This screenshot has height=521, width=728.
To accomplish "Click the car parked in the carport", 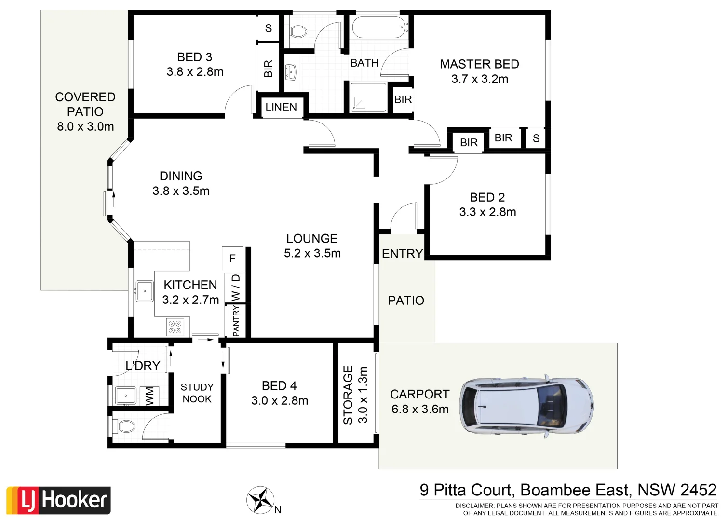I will pyautogui.click(x=526, y=405).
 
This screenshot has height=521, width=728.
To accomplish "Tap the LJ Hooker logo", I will pyautogui.click(x=59, y=500).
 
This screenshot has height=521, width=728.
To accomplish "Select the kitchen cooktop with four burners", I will pyautogui.click(x=175, y=327).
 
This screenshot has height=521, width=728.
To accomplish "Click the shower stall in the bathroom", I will pyautogui.click(x=368, y=98).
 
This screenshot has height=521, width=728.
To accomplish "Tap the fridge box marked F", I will pyautogui.click(x=232, y=259).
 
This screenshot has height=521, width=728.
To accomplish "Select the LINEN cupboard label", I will pyautogui.click(x=281, y=107).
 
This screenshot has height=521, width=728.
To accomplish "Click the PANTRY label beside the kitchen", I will pyautogui.click(x=236, y=322).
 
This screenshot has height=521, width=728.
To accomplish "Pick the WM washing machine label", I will pyautogui.click(x=150, y=396).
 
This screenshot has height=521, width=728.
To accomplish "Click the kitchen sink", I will pyautogui.click(x=144, y=291).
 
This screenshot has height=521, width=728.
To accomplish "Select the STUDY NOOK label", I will pyautogui.click(x=197, y=393).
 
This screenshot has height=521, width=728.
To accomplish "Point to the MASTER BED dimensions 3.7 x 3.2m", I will pyautogui.click(x=479, y=79).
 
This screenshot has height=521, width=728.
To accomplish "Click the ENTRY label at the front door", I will pyautogui.click(x=402, y=254).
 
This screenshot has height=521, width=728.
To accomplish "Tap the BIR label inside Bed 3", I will pyautogui.click(x=269, y=69).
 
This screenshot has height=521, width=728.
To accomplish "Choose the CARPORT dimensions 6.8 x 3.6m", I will pyautogui.click(x=420, y=409).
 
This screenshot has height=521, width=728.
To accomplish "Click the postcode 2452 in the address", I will pyautogui.click(x=698, y=490).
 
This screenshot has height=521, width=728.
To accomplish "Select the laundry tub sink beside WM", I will pyautogui.click(x=126, y=396).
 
